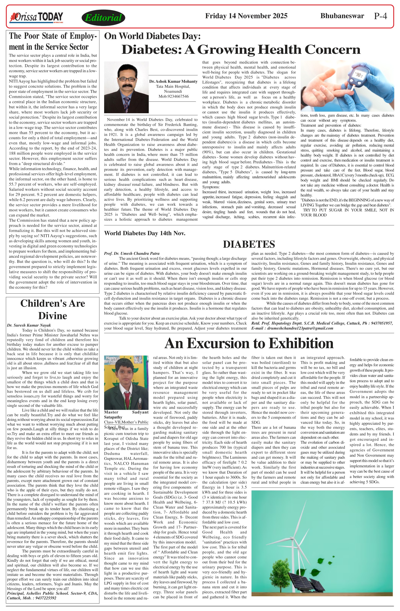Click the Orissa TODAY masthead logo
click(x=36, y=17)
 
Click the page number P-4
click(x=380, y=16)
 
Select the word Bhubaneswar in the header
click(x=342, y=16)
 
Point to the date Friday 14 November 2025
click(x=246, y=16)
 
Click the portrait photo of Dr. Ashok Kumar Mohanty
click(x=126, y=87)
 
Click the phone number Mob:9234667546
click(x=173, y=96)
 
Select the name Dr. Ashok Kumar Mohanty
click(x=173, y=81)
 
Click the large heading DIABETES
click(x=249, y=244)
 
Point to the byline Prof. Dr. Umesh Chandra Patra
click(x=132, y=253)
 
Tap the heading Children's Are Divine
click(x=53, y=309)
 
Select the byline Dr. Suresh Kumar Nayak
click(x=29, y=325)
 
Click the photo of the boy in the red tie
click(x=126, y=382)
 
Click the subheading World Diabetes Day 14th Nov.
click(x=145, y=233)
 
